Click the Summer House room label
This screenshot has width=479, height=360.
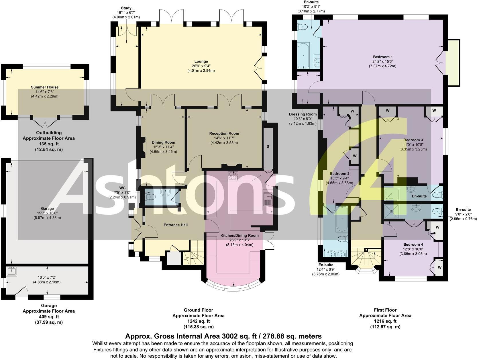click(x=45, y=87)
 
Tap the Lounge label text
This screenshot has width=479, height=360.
click(x=201, y=61)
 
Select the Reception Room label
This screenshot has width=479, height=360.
click(x=224, y=133)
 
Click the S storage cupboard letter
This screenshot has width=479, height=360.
click(x=268, y=146)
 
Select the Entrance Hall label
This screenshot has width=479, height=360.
click(x=176, y=225)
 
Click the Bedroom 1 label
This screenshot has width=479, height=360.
click(x=383, y=57)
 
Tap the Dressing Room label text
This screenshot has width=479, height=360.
click(x=303, y=114)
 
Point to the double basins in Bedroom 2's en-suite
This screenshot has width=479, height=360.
click(x=336, y=253)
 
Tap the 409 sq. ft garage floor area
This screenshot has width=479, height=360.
click(x=49, y=317)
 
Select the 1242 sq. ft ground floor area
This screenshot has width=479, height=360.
click(x=198, y=321)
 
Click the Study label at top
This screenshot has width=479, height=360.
click(x=126, y=8)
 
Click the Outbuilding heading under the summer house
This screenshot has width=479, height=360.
click(x=49, y=133)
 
